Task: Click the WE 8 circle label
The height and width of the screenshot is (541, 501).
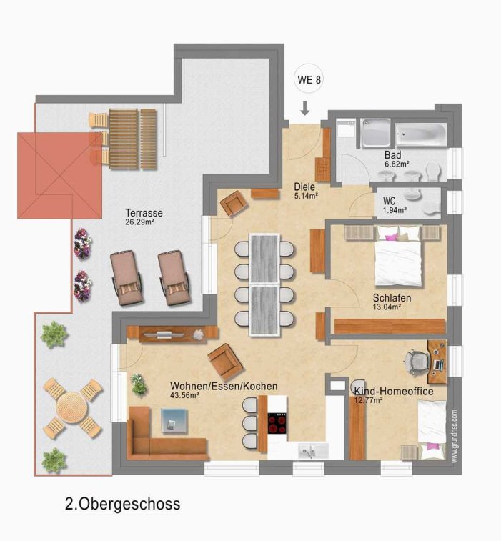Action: tap(309, 79)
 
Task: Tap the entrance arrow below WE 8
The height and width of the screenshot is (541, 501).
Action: tap(304, 108)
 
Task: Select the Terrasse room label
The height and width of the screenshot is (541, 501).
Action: tap(144, 212)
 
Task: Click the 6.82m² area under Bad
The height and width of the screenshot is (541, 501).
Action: tap(397, 164)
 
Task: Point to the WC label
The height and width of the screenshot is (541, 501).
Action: tap(390, 201)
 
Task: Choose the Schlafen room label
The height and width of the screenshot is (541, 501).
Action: tap(392, 298)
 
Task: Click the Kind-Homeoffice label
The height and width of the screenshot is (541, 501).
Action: tap(394, 391)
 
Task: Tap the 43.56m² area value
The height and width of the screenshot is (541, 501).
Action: tap(184, 395)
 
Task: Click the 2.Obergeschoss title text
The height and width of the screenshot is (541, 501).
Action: tap(122, 504)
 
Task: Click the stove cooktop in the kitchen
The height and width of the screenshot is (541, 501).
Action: tap(277, 422)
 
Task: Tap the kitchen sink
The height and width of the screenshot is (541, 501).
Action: tap(314, 451)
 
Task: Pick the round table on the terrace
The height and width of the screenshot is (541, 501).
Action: tap(72, 408)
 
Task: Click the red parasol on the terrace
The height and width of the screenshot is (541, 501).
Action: tap(60, 176)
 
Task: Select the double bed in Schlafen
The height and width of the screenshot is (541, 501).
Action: tap(398, 256)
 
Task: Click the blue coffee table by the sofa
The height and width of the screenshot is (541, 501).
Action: tap(174, 421)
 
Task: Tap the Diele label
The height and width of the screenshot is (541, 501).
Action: tap(304, 187)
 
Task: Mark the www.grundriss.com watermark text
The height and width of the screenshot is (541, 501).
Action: tap(455, 436)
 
